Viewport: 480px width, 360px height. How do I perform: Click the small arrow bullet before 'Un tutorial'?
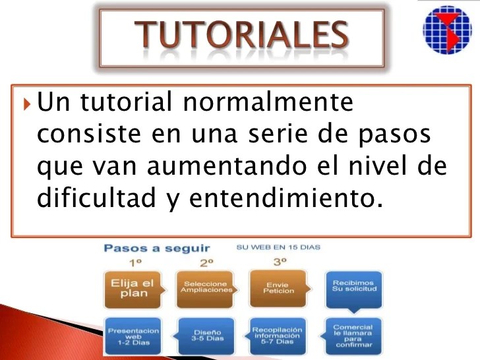[27, 104]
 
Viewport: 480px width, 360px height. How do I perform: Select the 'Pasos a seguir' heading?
[156, 249]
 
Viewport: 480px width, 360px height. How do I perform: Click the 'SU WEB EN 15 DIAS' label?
[278, 247]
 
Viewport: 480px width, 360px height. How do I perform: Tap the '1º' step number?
[136, 262]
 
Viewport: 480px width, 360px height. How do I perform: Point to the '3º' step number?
[280, 262]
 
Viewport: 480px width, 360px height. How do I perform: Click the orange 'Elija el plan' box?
[133, 289]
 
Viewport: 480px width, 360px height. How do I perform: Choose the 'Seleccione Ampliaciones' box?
[206, 288]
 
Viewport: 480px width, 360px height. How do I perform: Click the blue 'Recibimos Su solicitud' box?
[353, 288]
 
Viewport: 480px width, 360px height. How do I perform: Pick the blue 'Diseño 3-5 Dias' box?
[207, 335]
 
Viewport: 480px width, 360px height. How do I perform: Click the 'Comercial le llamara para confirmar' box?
[353, 335]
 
